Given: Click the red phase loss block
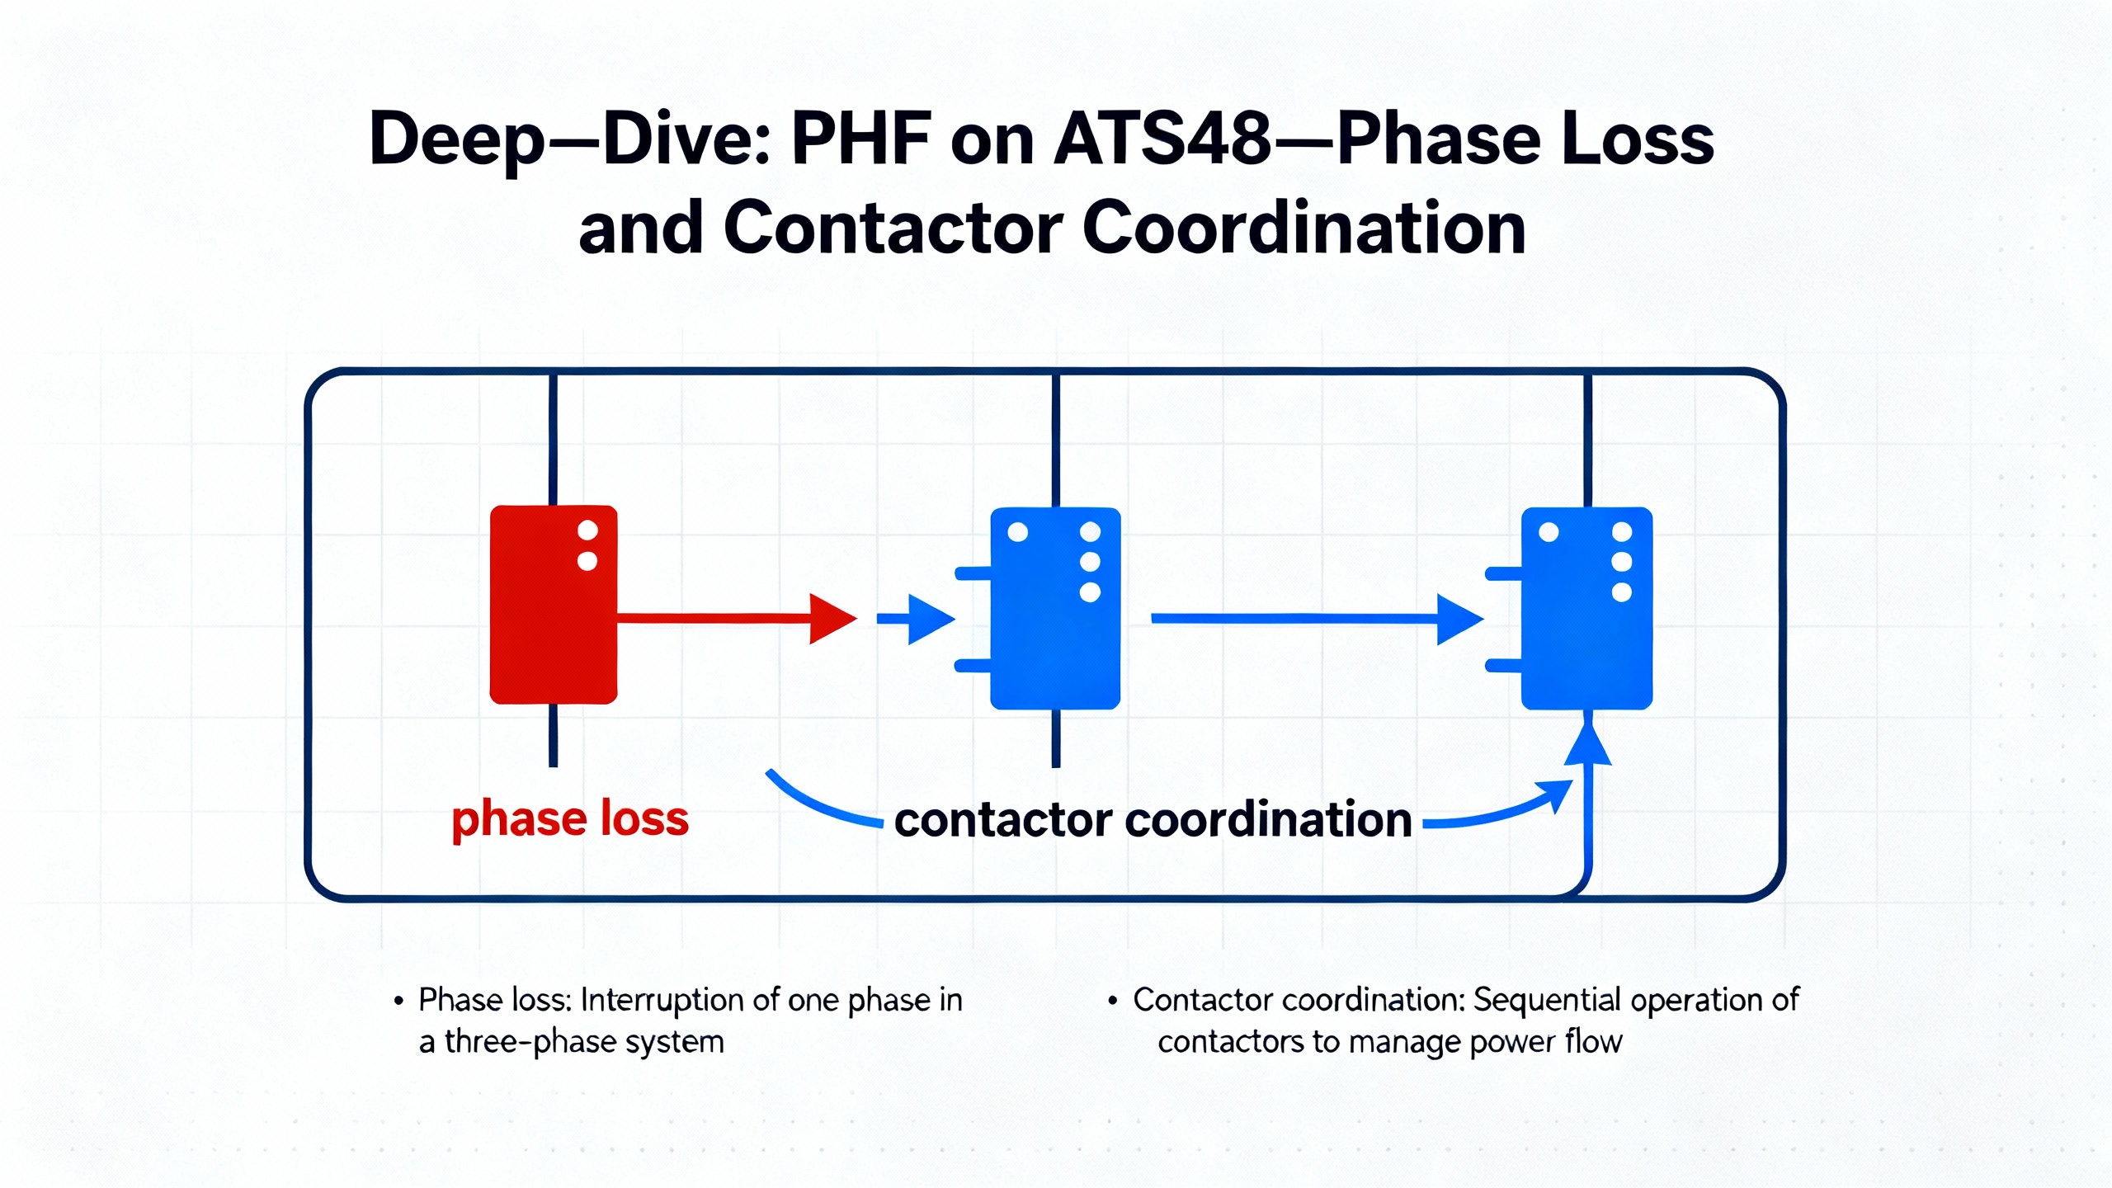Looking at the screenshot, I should click(x=553, y=604).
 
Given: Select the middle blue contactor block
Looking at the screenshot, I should click(x=1054, y=609).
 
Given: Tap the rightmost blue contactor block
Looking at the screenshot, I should click(x=1586, y=609).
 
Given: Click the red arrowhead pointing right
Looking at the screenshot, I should click(x=832, y=618).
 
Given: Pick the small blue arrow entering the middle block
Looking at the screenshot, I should click(x=917, y=618).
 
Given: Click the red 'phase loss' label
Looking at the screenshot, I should click(x=570, y=819).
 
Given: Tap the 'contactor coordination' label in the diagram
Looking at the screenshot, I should click(x=1153, y=820).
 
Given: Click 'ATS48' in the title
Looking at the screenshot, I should click(x=1163, y=139).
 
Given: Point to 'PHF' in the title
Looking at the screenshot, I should click(x=860, y=139).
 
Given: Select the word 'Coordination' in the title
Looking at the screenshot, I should click(x=1303, y=228).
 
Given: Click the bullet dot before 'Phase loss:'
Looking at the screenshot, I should click(x=399, y=1002).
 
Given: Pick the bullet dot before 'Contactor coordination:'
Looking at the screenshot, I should click(x=1113, y=1002).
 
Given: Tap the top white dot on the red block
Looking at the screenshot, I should click(x=587, y=530).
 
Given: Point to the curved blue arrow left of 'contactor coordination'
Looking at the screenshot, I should click(x=821, y=803).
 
